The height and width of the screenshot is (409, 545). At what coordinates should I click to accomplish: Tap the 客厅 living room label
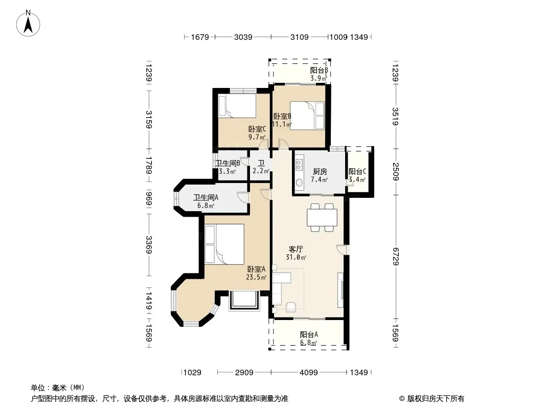[x=296, y=249]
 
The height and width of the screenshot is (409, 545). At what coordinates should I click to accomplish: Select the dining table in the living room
[x=322, y=217]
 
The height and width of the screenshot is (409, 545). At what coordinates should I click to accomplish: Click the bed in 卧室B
[x=307, y=116]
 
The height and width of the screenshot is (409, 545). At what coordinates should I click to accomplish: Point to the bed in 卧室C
[x=237, y=106]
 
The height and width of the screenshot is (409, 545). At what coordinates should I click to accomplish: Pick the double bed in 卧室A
[x=224, y=244]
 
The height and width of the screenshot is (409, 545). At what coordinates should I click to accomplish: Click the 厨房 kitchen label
[x=320, y=171]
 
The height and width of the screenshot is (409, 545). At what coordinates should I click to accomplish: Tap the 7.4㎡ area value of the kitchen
[x=320, y=179]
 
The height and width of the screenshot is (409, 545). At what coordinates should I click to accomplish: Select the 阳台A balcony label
[x=309, y=335]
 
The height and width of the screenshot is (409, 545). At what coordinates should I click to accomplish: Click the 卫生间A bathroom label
[x=206, y=197]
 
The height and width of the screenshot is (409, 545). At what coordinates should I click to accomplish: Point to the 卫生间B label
[x=228, y=163]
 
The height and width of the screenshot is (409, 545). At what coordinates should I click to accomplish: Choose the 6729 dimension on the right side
[x=396, y=257]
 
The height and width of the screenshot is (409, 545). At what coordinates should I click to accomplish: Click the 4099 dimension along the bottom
[x=309, y=373]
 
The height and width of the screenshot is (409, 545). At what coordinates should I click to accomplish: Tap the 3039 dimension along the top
[x=243, y=37]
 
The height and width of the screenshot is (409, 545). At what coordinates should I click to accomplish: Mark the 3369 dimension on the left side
[x=149, y=245]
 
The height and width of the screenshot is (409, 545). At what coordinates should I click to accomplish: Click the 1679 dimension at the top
[x=200, y=37]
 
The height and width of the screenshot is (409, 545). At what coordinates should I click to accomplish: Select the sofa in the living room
[x=282, y=288]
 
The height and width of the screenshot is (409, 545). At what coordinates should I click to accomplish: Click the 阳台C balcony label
[x=357, y=171]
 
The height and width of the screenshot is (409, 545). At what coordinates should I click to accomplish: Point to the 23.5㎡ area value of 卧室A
[x=256, y=277]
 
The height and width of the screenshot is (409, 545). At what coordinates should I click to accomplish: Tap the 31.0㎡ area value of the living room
[x=296, y=258]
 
